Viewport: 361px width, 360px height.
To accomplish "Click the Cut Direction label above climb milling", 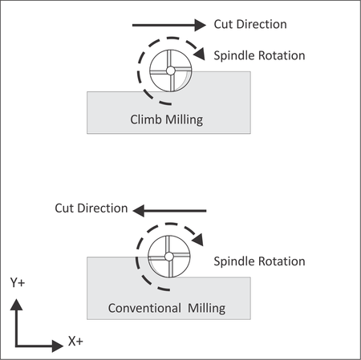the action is pyautogui.click(x=250, y=24).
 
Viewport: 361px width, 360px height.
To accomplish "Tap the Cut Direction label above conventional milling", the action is pyautogui.click(x=91, y=208).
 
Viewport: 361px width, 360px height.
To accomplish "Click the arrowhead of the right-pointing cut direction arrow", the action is pyautogui.click(x=201, y=25).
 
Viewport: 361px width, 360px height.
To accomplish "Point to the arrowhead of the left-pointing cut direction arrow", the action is pyautogui.click(x=139, y=211).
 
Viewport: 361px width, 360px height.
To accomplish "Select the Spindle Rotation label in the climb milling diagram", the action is pyautogui.click(x=259, y=56).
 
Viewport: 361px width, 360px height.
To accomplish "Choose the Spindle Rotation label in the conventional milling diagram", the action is pyautogui.click(x=259, y=261).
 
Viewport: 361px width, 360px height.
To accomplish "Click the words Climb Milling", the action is pyautogui.click(x=167, y=119).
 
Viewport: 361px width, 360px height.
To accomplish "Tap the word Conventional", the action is pyautogui.click(x=144, y=308).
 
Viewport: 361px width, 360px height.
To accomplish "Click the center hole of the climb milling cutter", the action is pyautogui.click(x=171, y=71).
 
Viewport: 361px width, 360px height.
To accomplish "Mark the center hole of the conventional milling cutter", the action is pyautogui.click(x=169, y=257).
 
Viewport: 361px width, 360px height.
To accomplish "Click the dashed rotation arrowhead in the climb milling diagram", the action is pyautogui.click(x=200, y=54).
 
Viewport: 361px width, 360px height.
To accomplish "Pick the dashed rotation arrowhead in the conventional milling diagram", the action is pyautogui.click(x=198, y=240).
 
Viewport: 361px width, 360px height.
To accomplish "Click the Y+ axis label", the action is pyautogui.click(x=18, y=282).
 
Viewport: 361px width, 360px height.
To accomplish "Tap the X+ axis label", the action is pyautogui.click(x=75, y=342).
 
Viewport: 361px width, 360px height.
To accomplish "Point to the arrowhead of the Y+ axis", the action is pyautogui.click(x=16, y=305).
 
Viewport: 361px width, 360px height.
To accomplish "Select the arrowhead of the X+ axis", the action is pyautogui.click(x=58, y=346).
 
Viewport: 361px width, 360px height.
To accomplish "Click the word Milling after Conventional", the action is pyautogui.click(x=206, y=309).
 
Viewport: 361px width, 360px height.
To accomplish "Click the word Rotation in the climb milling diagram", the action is pyautogui.click(x=282, y=56).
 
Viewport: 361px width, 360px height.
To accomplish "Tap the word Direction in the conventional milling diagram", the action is pyautogui.click(x=103, y=208).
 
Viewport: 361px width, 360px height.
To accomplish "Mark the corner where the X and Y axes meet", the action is pyautogui.click(x=16, y=346).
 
